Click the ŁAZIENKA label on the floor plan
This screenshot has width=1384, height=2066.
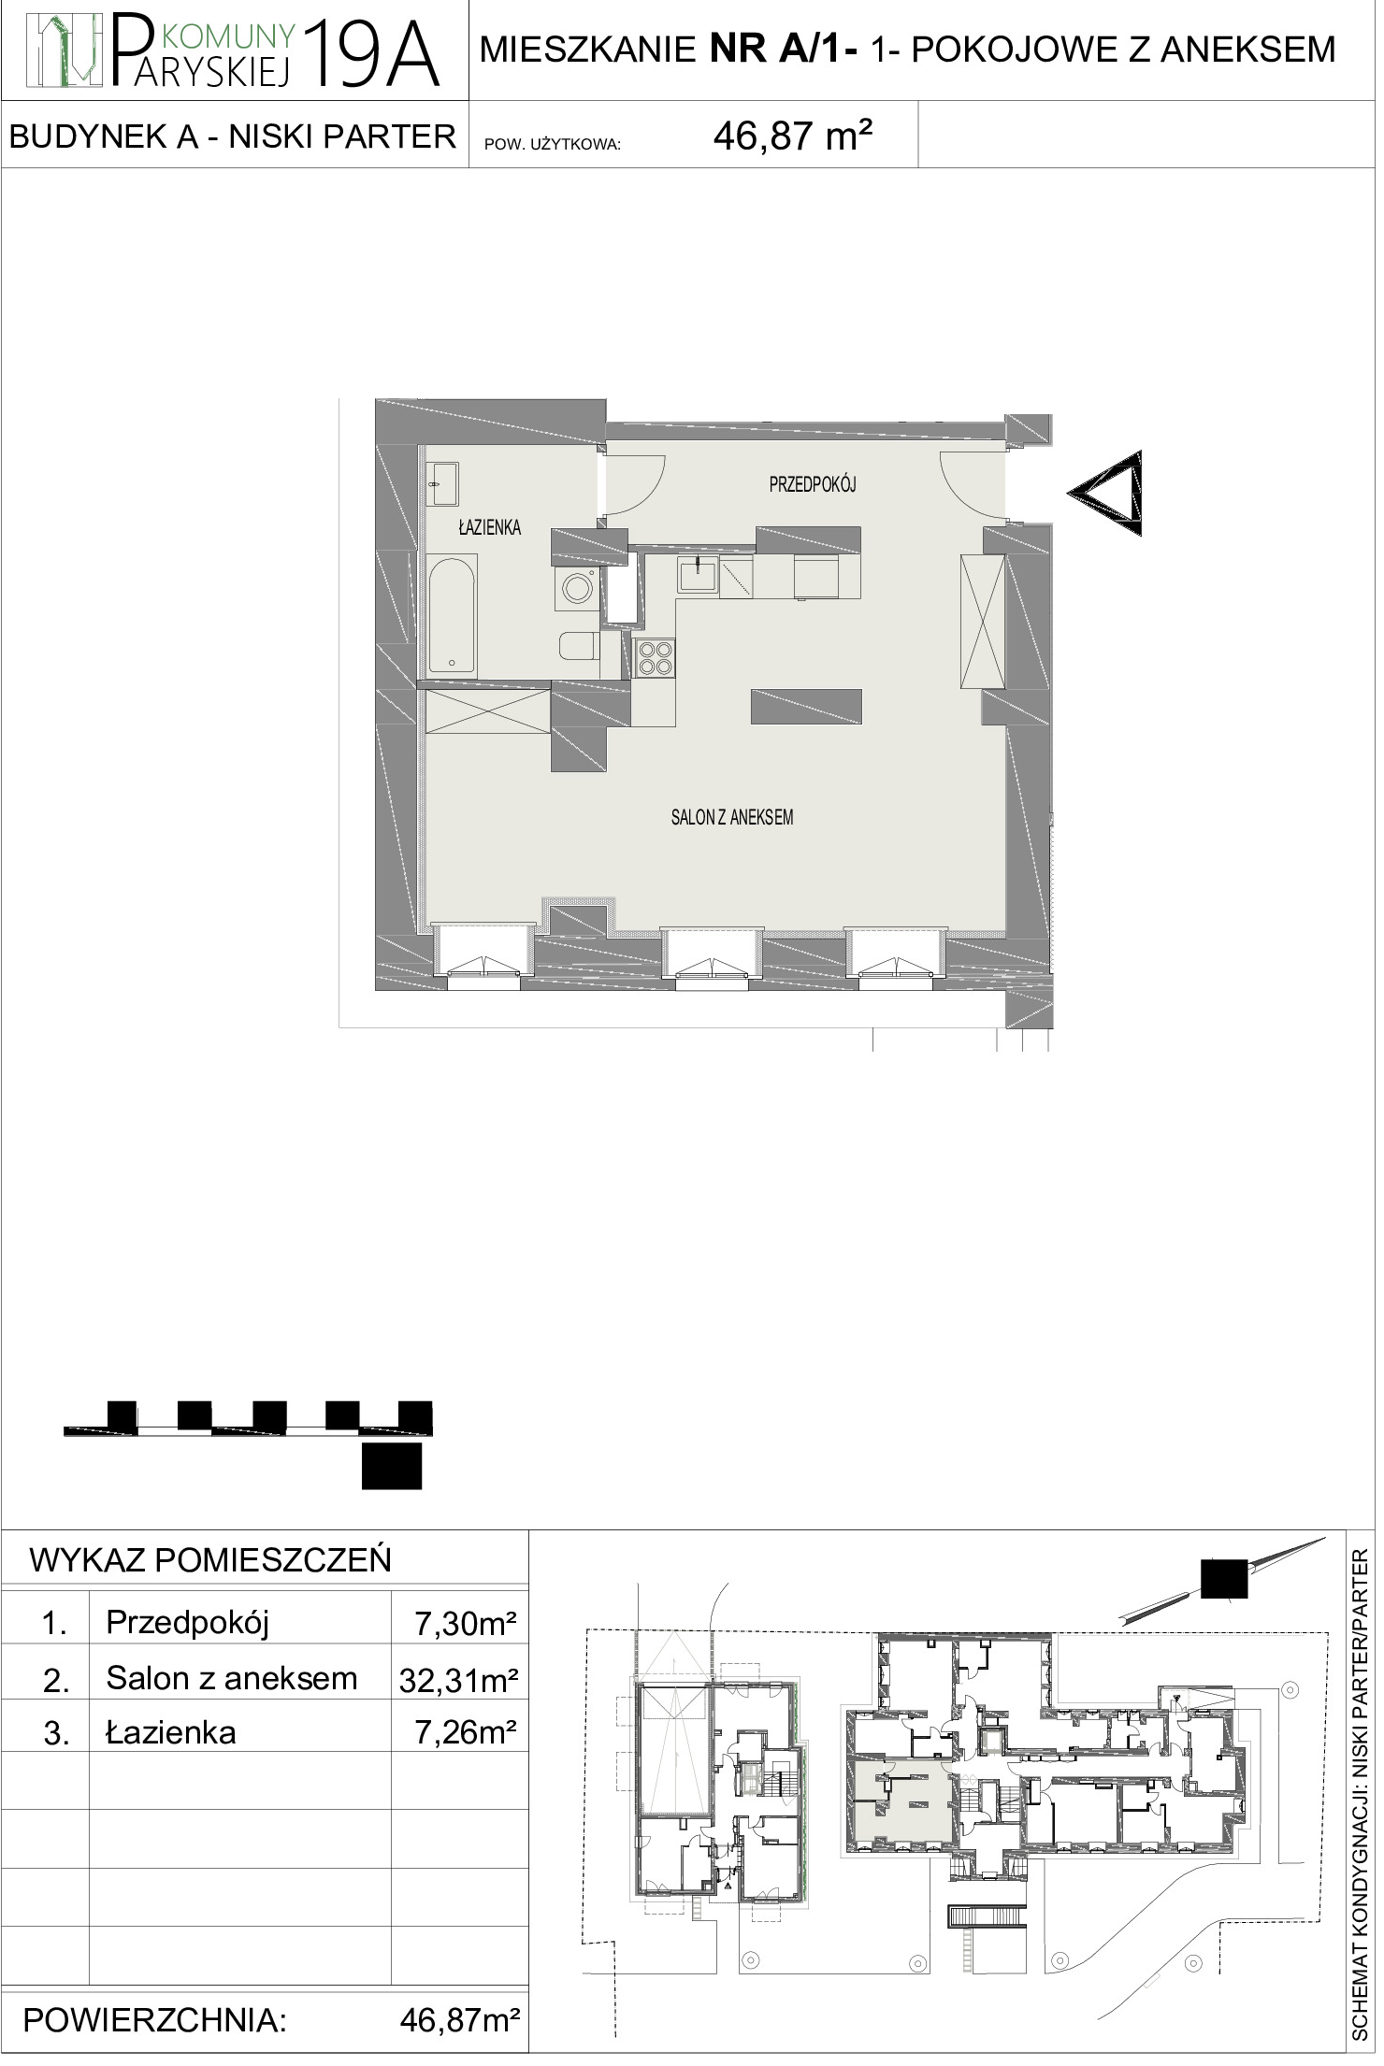(489, 528)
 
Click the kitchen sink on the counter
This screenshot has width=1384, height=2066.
(698, 573)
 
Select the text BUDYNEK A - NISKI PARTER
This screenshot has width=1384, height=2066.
(232, 136)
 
